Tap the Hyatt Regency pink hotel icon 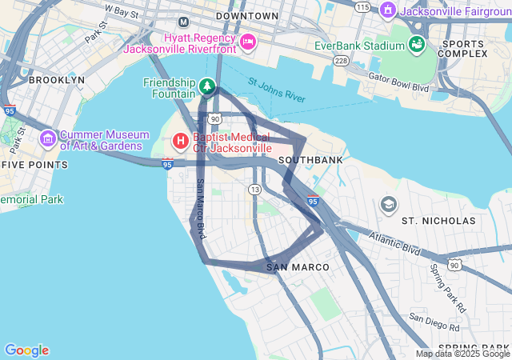point(248,42)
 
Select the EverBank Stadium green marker point(416,44)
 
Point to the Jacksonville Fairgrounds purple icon point(388,10)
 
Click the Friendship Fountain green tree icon point(207,85)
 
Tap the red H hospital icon point(181,142)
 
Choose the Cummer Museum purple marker point(47,141)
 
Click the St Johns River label point(276,90)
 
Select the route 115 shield point(363,6)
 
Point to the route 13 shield point(254,189)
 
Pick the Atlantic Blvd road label point(395,243)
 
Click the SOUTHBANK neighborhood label point(310,160)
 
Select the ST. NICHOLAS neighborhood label point(438,220)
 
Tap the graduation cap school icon point(389,204)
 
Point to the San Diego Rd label point(434,322)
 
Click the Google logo point(26,350)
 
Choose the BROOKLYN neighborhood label point(56,80)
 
